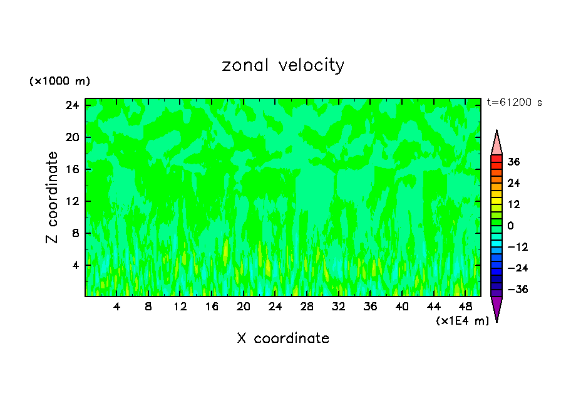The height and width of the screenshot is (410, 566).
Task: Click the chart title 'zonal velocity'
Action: pyautogui.click(x=283, y=65)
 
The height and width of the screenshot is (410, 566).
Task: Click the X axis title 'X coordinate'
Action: pyautogui.click(x=283, y=339)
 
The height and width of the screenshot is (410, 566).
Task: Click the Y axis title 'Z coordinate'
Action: pyautogui.click(x=52, y=197)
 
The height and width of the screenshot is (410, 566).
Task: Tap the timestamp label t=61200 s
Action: pyautogui.click(x=515, y=102)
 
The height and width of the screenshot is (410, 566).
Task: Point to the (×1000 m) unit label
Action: pyautogui.click(x=59, y=81)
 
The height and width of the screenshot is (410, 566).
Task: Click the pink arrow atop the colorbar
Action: pyautogui.click(x=497, y=144)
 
